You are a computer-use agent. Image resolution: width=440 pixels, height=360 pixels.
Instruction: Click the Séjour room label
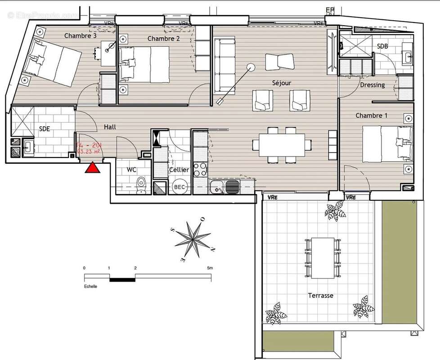(282, 83)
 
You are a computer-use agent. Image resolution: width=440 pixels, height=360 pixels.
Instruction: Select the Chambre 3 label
(81, 36)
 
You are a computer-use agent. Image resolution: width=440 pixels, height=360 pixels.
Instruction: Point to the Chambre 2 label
(163, 39)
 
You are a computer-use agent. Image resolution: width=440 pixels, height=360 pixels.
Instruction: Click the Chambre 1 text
(371, 116)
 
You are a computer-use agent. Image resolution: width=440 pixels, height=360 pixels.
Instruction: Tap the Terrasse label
(320, 296)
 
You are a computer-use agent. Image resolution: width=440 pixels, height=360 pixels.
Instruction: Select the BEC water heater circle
(180, 187)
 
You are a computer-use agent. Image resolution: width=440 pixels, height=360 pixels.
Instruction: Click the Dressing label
(372, 85)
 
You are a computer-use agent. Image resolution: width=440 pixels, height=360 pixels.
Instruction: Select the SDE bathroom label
(44, 129)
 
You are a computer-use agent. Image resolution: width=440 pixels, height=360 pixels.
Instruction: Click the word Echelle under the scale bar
(90, 286)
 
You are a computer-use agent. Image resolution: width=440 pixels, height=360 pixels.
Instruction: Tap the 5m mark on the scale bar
(210, 268)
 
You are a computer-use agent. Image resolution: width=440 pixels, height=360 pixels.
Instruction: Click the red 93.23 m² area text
(89, 152)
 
